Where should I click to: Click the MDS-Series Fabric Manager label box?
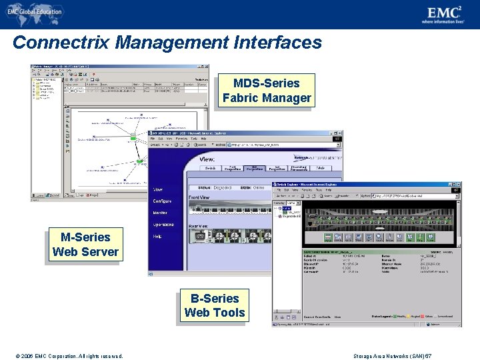267,91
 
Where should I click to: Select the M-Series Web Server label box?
85,245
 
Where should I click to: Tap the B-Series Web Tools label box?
214,306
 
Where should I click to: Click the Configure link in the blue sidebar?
163,201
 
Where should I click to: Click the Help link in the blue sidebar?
157,236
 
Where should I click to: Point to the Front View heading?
199,197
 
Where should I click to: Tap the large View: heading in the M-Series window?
207,159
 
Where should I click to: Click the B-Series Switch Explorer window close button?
457,185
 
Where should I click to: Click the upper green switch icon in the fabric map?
133,136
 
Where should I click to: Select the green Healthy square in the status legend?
395,317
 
